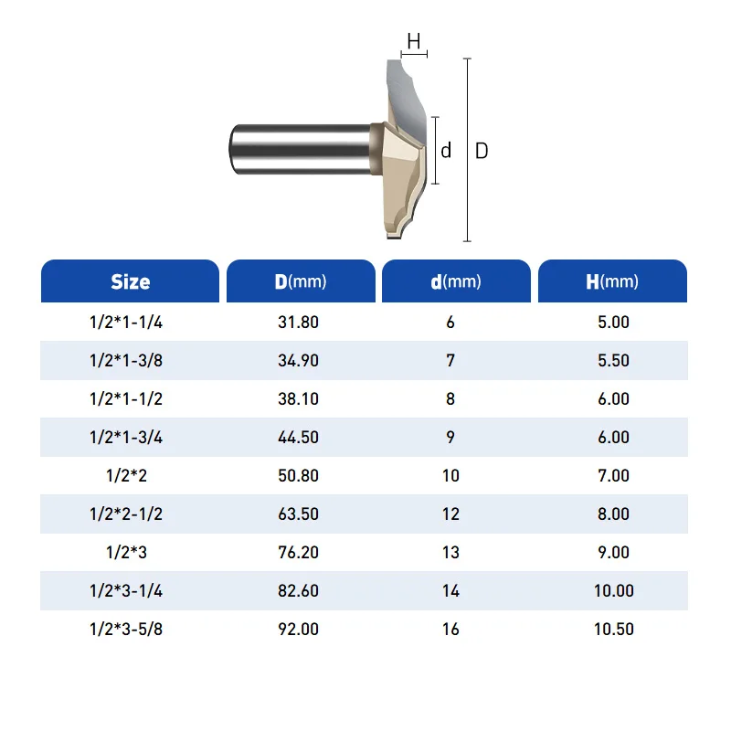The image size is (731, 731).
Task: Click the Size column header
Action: pyautogui.click(x=130, y=281)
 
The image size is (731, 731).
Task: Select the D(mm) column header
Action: pyautogui.click(x=301, y=281)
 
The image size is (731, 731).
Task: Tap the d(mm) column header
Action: pyautogui.click(x=455, y=281)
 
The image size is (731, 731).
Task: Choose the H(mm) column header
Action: pyautogui.click(x=612, y=281)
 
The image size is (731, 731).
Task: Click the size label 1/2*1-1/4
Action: pyautogui.click(x=126, y=322)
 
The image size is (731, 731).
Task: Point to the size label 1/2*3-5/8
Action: pyautogui.click(x=126, y=629)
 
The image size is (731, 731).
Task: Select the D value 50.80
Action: pyautogui.click(x=298, y=475)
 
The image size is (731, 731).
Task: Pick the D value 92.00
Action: pyautogui.click(x=298, y=629)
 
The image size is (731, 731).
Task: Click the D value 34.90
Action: pyautogui.click(x=298, y=360)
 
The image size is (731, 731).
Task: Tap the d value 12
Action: pyautogui.click(x=450, y=514)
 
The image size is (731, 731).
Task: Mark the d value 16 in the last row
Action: pyautogui.click(x=450, y=629)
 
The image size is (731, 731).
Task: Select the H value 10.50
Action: pyautogui.click(x=613, y=629)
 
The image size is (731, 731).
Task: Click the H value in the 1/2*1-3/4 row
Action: pyautogui.click(x=613, y=437)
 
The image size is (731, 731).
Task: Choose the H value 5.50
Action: pyautogui.click(x=613, y=360)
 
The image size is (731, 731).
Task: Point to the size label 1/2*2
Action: pyautogui.click(x=126, y=475)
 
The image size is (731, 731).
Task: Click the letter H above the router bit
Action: pyautogui.click(x=414, y=41)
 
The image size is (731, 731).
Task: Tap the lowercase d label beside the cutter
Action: pyautogui.click(x=446, y=151)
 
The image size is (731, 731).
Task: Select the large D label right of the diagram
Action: pyautogui.click(x=482, y=151)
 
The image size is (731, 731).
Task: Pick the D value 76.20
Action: pyautogui.click(x=298, y=552)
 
